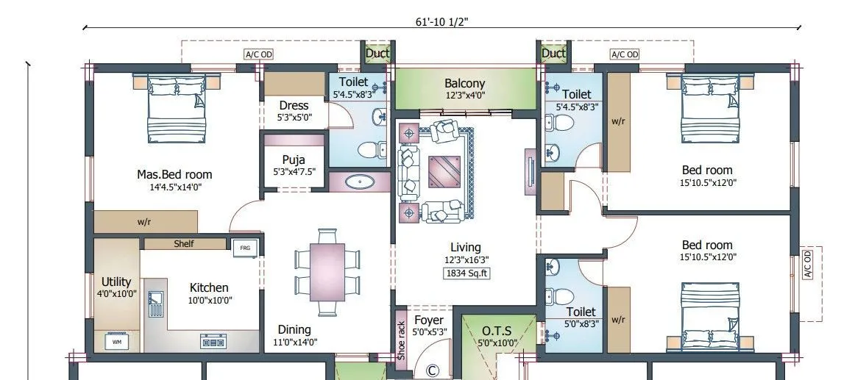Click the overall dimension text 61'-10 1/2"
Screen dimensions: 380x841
[442, 22]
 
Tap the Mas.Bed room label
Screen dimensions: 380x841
[174, 175]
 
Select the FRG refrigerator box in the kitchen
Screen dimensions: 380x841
[245, 248]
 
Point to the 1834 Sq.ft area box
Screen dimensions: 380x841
[466, 273]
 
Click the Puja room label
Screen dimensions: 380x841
[294, 160]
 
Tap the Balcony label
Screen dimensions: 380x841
[465, 84]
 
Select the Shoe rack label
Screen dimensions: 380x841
[401, 340]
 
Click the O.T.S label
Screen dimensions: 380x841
[497, 330]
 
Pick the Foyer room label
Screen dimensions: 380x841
[429, 320]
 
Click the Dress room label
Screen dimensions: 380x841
[294, 105]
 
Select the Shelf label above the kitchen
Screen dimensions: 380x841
[184, 244]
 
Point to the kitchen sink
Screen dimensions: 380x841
[156, 300]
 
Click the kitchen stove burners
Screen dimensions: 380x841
[213, 342]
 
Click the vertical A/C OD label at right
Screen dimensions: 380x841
[807, 265]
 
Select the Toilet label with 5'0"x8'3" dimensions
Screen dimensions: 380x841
[581, 312]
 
